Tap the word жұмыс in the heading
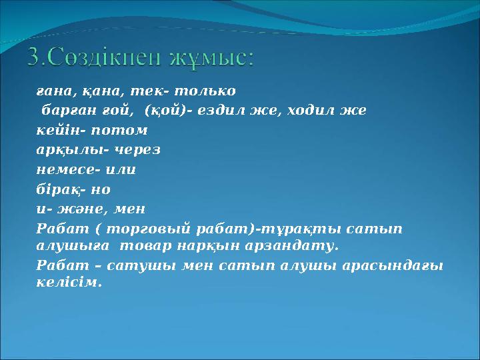pos(213,59)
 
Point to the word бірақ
pos(55,189)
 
